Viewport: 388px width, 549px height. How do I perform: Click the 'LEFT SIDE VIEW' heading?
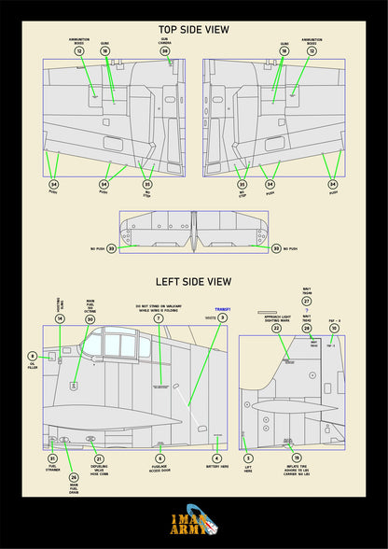[194, 280]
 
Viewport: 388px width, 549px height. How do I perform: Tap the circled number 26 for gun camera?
[165, 50]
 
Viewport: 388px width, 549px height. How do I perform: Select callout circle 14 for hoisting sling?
[60, 319]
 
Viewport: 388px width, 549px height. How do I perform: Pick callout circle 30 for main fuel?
[90, 319]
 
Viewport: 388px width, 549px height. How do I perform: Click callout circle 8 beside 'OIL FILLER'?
[32, 356]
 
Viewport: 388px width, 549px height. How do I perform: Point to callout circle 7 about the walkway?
[158, 318]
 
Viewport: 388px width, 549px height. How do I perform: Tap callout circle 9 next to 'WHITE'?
[223, 318]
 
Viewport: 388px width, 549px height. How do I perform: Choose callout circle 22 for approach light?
[276, 329]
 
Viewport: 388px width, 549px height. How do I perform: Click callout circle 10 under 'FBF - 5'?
[334, 329]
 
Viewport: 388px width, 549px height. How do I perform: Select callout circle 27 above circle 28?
[307, 302]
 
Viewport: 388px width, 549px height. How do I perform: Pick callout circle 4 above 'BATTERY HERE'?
[217, 458]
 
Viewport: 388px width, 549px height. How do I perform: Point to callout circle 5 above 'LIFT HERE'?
[248, 458]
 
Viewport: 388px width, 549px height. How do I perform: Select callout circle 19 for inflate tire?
[297, 458]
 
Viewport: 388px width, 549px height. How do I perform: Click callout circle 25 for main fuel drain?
[74, 477]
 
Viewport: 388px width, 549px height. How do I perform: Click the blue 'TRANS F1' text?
[222, 309]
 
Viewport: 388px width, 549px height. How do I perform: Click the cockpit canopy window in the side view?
[117, 345]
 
